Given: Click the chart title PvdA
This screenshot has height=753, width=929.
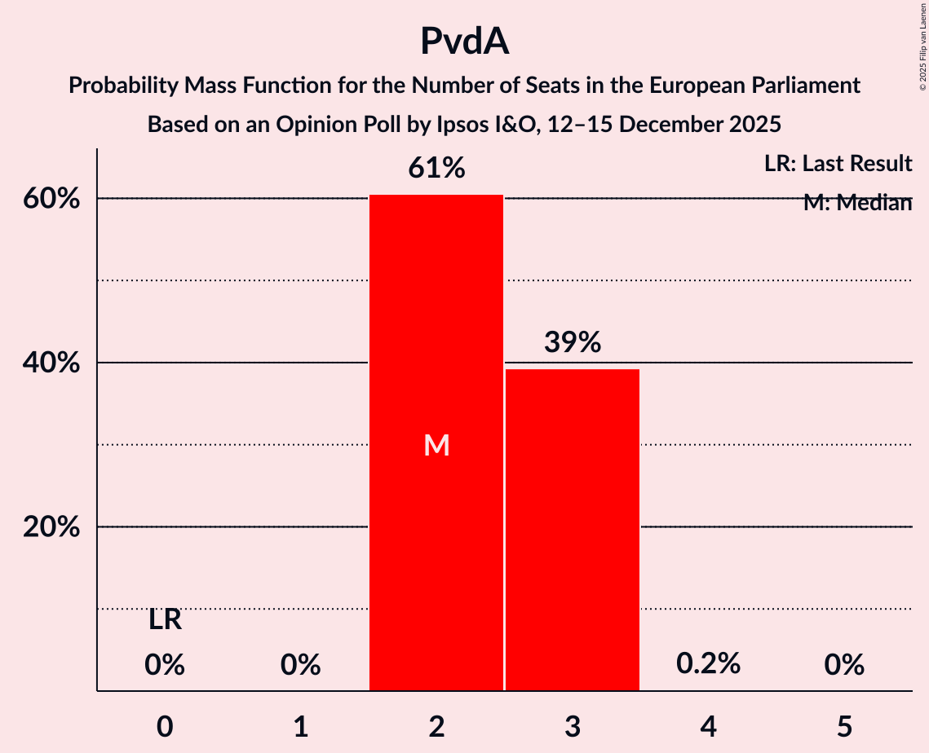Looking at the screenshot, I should coord(464,41).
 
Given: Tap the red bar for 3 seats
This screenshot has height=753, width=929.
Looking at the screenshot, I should coord(573,530).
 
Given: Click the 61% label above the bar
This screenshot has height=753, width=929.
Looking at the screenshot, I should coord(436,169).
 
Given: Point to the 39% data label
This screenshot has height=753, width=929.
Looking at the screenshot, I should coord(573,343).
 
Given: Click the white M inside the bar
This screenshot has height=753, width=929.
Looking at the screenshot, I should coord(436,445).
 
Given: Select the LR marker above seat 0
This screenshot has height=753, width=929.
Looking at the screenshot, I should coord(165,620).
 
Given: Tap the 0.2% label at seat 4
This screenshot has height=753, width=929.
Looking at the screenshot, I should coord(708,664).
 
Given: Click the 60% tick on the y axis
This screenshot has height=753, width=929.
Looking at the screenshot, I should coord(51,199).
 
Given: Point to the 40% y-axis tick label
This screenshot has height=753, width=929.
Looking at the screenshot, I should coord(51,363).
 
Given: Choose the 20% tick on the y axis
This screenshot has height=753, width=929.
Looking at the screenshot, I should coord(51,528).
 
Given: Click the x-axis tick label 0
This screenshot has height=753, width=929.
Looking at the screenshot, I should coord(165,726).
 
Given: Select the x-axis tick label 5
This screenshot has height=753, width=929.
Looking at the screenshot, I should coord(844,726).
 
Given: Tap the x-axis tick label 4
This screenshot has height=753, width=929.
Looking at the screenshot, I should coord(708,726).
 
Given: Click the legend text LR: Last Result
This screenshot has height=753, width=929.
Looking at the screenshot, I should coord(838,164).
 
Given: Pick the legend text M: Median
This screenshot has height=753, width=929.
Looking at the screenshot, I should coord(856,203).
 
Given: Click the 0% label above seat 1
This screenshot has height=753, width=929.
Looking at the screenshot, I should coord(300,666).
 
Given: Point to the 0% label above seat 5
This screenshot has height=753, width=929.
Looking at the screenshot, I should coord(844,666).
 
